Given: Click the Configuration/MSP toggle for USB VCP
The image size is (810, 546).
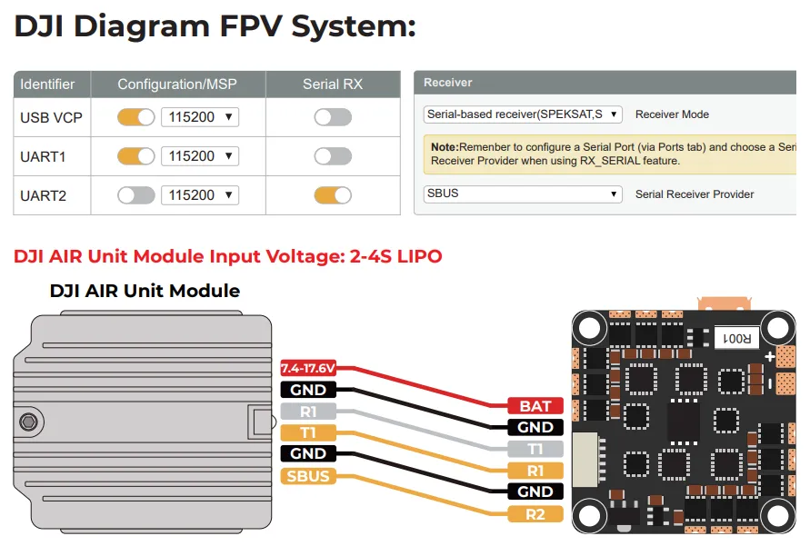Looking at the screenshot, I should coord(136,117).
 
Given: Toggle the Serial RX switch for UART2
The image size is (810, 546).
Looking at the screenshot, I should coord(333,195).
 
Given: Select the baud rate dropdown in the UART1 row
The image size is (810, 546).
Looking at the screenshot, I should coord(200,156).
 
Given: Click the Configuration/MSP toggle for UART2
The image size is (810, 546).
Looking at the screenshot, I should coord(136,195).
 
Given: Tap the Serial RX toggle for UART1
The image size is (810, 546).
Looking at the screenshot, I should coord(333,156).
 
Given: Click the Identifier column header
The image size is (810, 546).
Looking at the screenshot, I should coord(48,84).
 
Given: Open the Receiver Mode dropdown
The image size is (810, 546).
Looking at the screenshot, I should coord(524,114).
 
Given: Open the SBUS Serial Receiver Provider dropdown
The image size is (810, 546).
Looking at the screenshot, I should coord(524,194).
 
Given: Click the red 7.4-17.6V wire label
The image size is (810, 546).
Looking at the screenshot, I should coord(308,368).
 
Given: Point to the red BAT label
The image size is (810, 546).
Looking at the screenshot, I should coord(535,406).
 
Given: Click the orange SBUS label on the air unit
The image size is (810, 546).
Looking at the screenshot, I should coord(308,476).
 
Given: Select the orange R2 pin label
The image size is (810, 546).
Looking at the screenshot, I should coord(535,514).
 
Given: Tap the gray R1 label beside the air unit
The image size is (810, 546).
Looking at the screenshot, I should coord(308,411).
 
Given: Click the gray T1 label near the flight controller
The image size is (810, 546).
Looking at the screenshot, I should coord(535,449).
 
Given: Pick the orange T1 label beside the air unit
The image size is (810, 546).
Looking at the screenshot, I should coord(308,432).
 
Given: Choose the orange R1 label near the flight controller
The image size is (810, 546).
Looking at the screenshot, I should coord(535,471).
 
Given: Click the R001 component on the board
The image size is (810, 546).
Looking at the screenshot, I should coord(735,338).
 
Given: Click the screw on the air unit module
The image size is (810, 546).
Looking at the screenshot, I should coord(29,421).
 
